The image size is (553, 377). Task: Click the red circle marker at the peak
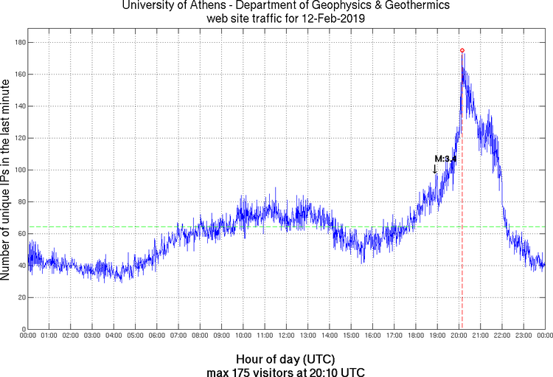point(462,50)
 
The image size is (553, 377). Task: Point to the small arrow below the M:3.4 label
point(435,169)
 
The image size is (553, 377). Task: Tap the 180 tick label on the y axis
point(19,43)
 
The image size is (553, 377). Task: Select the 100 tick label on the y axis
point(19,170)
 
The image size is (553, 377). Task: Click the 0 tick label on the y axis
point(24,329)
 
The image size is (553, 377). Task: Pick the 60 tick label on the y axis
point(21,234)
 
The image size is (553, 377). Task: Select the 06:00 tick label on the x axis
point(157,336)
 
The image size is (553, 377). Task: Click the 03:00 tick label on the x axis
point(93,336)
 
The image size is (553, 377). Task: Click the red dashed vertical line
point(462,221)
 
